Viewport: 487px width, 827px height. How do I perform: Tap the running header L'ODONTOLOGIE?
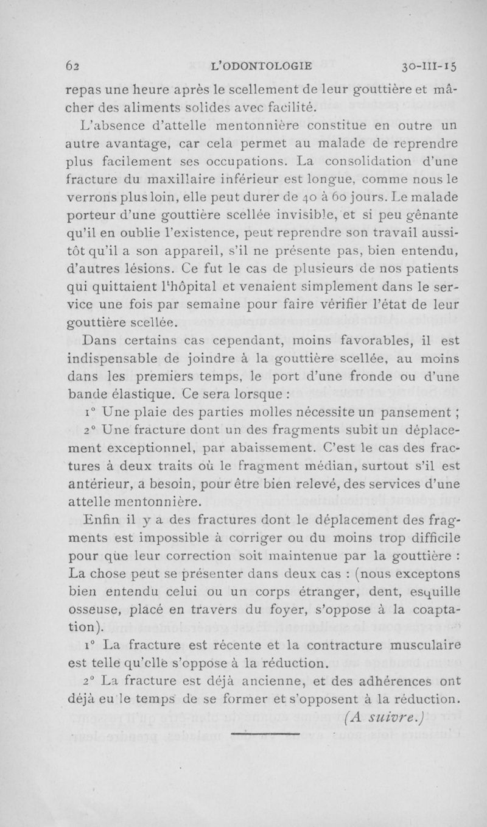click(260, 64)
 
